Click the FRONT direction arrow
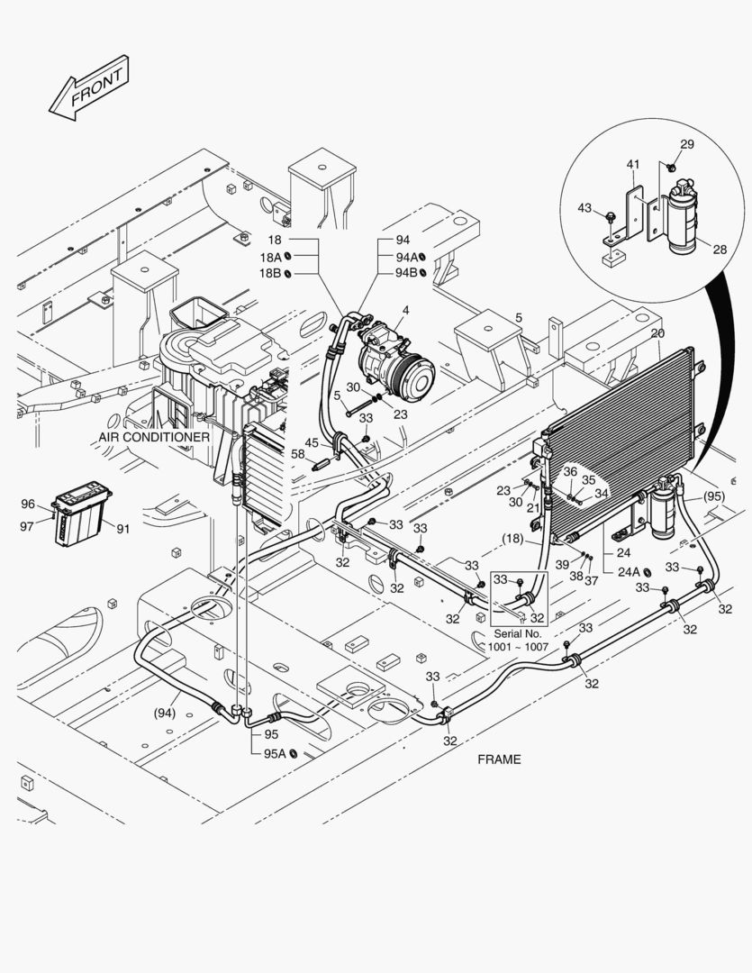pyautogui.click(x=89, y=88)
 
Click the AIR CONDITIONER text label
pyautogui.click(x=154, y=437)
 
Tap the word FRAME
pyautogui.click(x=499, y=759)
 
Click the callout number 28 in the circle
pyautogui.click(x=719, y=250)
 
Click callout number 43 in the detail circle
pyautogui.click(x=584, y=208)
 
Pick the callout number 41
pyautogui.click(x=632, y=165)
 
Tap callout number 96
pyautogui.click(x=28, y=504)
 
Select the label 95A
pyautogui.click(x=275, y=753)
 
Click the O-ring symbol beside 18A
pyautogui.click(x=288, y=256)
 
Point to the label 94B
pyautogui.click(x=406, y=272)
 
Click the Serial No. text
pyautogui.click(x=518, y=634)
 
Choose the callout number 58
pyautogui.click(x=298, y=453)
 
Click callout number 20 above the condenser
pyautogui.click(x=657, y=333)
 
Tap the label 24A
pyautogui.click(x=629, y=572)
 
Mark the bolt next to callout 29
pyautogui.click(x=671, y=167)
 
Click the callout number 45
pyautogui.click(x=311, y=442)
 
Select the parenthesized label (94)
pyautogui.click(x=165, y=713)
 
